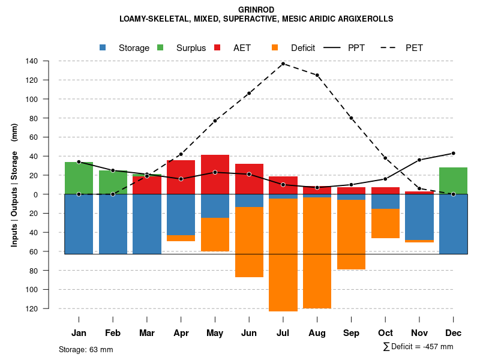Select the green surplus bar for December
pos(453,181)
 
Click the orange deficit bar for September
pos(351,235)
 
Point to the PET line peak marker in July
pos(283,64)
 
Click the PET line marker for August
pos(317,75)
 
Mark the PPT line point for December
pos(453,153)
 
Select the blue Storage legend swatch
pos(103,47)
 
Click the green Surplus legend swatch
pos(160,47)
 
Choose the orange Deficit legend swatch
pos(275,47)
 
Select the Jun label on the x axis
pos(249,333)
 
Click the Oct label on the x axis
pos(385,333)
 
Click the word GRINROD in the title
pos(256,10)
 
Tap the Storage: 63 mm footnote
pos(86,349)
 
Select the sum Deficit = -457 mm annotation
pos(418,347)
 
